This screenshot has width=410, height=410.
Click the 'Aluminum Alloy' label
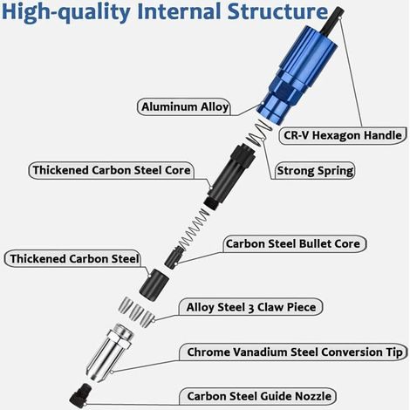(185, 106)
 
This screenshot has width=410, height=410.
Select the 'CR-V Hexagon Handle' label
(343, 135)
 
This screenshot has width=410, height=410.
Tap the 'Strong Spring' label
(315, 171)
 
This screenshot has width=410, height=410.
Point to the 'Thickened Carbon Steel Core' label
(112, 170)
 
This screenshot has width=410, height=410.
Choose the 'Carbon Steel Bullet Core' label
(293, 243)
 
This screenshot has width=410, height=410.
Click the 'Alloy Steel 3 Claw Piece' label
(251, 307)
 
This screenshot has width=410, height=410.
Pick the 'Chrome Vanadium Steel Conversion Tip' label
(295, 352)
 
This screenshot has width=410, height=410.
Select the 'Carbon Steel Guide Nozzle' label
(259, 396)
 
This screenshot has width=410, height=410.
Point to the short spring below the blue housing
(259, 133)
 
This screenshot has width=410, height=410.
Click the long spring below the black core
(193, 229)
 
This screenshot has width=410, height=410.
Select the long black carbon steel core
(229, 177)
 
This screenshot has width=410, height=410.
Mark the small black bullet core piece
(174, 257)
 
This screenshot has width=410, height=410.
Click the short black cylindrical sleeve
(154, 283)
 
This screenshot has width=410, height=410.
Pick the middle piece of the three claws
(135, 312)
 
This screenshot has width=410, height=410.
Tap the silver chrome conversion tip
(110, 352)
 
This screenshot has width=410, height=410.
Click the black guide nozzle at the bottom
(80, 396)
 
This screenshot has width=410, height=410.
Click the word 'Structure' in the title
(277, 11)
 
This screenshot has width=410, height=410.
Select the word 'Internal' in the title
(179, 11)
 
